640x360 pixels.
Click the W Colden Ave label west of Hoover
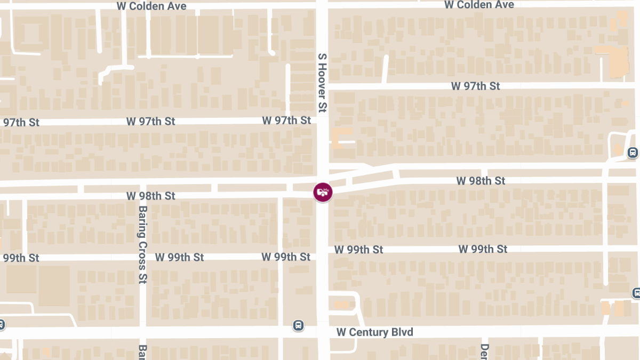tap(151, 6)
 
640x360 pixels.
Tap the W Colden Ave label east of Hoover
tap(479, 5)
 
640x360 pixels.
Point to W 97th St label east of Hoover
tap(475, 86)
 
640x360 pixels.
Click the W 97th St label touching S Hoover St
tap(286, 121)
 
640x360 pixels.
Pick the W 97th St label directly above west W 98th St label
tap(151, 122)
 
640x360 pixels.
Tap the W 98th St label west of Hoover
tap(151, 196)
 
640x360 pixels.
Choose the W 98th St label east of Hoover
tap(481, 181)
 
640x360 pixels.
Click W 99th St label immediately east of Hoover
tap(358, 250)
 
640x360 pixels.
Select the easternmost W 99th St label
tap(483, 249)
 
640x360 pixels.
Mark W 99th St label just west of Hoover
tap(286, 257)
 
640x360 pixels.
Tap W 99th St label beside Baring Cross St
tap(179, 257)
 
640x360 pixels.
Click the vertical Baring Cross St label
tap(142, 245)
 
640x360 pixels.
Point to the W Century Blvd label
tap(374, 332)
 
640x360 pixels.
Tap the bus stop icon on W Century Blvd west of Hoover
tap(298, 325)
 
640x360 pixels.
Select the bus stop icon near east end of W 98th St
tap(633, 153)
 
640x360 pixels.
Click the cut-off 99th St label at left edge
tap(20, 258)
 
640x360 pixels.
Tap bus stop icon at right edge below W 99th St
tap(636, 293)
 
